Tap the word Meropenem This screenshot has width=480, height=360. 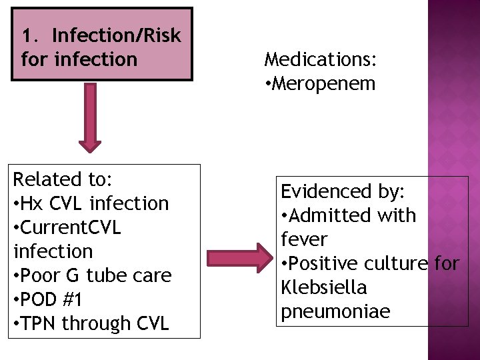coord(324,83)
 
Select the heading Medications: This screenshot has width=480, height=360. coord(321,59)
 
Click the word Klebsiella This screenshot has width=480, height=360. coord(324,288)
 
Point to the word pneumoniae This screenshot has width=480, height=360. coord(335,312)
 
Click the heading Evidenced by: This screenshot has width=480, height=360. coord(343,192)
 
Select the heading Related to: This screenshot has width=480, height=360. coord(63,179)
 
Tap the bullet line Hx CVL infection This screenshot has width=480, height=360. coord(91,203)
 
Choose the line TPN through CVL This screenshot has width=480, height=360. coord(91,323)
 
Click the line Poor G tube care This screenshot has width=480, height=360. coord(93,275)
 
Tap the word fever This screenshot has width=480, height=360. coord(304,240)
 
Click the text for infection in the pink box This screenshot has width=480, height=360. coord(79,59)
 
